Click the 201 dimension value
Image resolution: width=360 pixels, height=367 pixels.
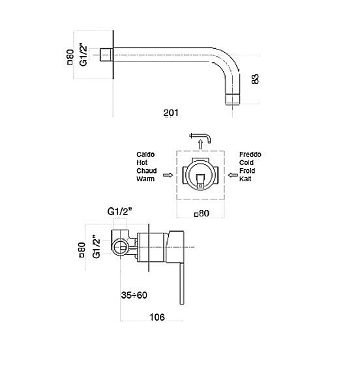pyautogui.click(x=171, y=113)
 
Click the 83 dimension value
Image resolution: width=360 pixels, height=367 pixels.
pyautogui.click(x=255, y=79)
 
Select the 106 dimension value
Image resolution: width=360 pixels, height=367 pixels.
pyautogui.click(x=157, y=317)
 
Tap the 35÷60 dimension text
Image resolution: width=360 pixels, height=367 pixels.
pyautogui.click(x=134, y=295)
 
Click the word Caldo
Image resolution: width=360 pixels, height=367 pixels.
pyautogui.click(x=145, y=154)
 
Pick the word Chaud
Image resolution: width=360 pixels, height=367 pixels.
pyautogui.click(x=147, y=171)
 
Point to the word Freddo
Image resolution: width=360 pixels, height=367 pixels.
pyautogui.click(x=250, y=154)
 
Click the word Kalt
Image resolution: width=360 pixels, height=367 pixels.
pyautogui.click(x=245, y=179)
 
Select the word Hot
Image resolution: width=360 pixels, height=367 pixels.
pyautogui.click(x=142, y=162)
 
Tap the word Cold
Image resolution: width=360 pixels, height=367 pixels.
pyautogui.click(x=247, y=162)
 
